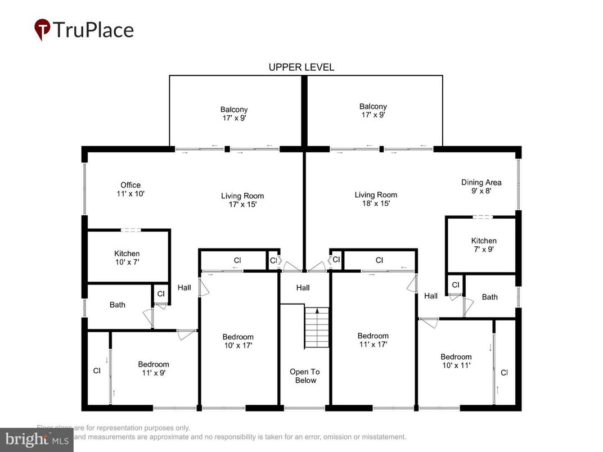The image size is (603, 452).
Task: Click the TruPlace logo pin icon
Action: [42, 29]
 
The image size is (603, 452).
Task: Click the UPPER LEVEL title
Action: [301, 67]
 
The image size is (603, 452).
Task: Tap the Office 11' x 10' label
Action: [130, 189]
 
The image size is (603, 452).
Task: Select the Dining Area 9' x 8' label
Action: [481, 186]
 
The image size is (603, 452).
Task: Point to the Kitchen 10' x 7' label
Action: [127, 257]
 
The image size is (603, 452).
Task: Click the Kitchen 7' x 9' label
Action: [484, 245]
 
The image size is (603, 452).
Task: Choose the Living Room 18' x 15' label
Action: [376, 199]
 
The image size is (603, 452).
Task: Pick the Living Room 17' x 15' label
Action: [242, 200]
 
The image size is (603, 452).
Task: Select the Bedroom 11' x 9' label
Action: [154, 368]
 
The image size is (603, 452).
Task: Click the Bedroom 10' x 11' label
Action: [456, 360]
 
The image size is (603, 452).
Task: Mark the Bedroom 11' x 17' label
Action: [373, 340]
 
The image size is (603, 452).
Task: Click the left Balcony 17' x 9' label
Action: [234, 114]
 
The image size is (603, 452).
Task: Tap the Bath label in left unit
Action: [118, 305]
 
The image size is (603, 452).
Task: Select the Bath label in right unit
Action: [489, 297]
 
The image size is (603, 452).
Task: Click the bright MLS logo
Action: [37, 439]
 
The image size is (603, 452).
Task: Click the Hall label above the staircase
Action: [303, 288]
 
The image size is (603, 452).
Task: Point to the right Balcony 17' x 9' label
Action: [373, 110]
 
